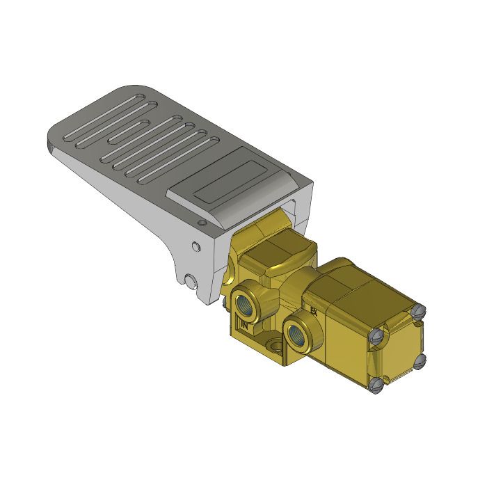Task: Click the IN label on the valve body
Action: (x=244, y=324)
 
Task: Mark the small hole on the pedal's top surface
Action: (x=202, y=223)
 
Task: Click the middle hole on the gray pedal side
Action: (x=195, y=246)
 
